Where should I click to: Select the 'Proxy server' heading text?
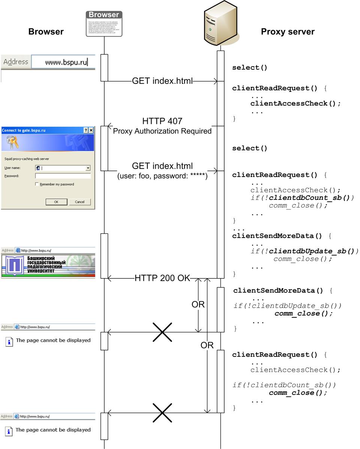(288, 32)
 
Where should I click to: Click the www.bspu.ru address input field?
(63, 62)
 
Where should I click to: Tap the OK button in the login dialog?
(56, 202)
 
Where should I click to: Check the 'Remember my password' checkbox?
(37, 184)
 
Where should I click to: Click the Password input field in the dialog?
(63, 176)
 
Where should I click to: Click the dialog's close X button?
(91, 130)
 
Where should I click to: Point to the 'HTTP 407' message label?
(162, 121)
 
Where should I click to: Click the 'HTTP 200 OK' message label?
(162, 278)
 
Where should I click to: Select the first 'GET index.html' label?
(162, 81)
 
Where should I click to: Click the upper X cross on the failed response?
(162, 332)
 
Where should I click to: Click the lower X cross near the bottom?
(162, 413)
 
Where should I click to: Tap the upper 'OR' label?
(198, 304)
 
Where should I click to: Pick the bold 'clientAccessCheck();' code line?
(295, 103)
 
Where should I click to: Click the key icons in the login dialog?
(13, 143)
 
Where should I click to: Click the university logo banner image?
(48, 266)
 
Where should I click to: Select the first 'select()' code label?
(250, 67)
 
